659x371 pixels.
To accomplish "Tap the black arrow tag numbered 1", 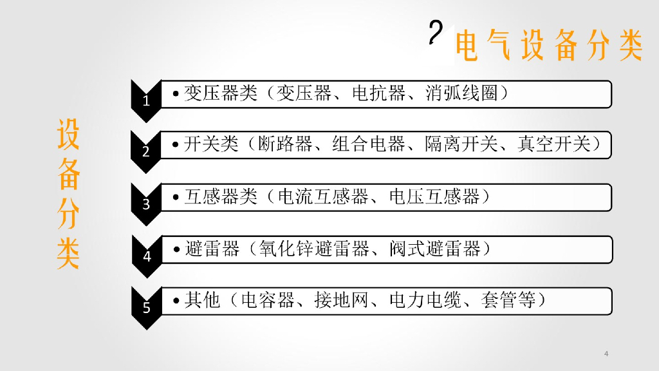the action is pos(145,100).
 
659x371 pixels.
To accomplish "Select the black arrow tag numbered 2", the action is pos(145,152).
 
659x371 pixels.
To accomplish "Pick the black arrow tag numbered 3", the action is pos(145,204).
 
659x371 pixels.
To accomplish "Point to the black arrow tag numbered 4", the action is pos(146,256).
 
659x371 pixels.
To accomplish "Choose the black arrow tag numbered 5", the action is pos(146,308).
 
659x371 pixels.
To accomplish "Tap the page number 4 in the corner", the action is pos(607,353).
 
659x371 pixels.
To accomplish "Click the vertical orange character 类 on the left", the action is pos(68,254).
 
